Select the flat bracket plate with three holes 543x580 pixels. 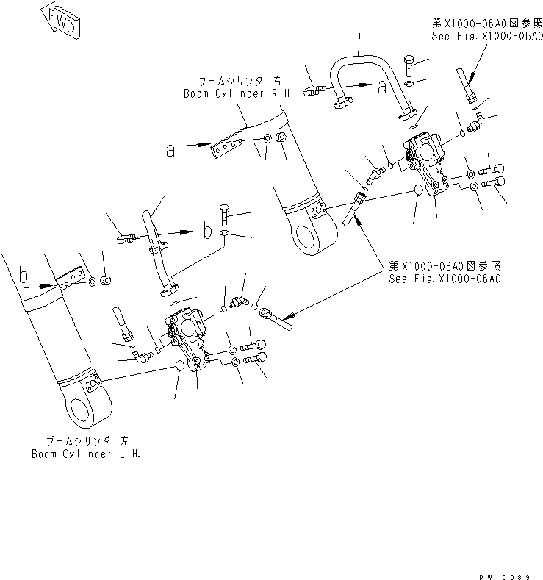point(226,147)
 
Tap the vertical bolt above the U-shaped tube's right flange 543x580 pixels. point(409,67)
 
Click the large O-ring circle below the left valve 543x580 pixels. point(180,367)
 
